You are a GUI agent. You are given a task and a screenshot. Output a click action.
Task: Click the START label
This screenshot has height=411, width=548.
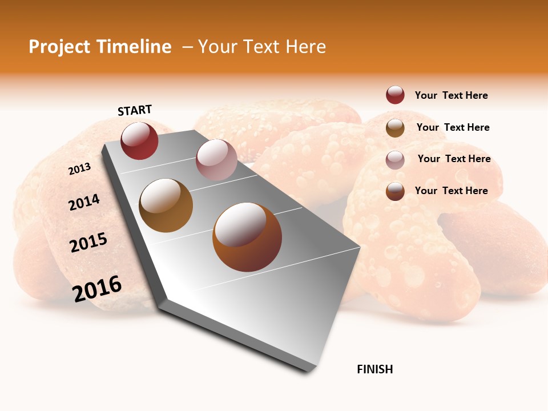(x=135, y=110)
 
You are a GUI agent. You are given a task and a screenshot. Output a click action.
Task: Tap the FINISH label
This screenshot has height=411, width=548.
(x=374, y=369)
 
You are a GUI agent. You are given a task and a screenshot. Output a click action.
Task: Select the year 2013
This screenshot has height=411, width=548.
(x=80, y=169)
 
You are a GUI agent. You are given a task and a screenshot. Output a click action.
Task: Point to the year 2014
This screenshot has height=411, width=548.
(x=84, y=202)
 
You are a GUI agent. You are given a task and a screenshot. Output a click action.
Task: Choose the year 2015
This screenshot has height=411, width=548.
(x=88, y=243)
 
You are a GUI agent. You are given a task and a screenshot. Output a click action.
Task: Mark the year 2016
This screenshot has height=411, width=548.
(x=97, y=289)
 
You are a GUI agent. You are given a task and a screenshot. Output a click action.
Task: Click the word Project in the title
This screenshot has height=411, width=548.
(x=59, y=47)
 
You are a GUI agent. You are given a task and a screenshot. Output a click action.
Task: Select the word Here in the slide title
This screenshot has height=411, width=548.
(x=305, y=47)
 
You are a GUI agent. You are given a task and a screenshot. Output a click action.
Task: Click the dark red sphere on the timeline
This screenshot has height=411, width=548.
(x=139, y=141)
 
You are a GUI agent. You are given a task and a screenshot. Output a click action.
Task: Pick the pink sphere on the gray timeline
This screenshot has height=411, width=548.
(x=216, y=160)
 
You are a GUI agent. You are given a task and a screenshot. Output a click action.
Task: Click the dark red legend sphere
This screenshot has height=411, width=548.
(x=395, y=95)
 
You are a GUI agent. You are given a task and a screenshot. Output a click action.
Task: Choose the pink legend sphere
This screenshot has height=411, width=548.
(x=395, y=160)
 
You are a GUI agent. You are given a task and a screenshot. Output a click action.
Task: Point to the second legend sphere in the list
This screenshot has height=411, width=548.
(x=395, y=128)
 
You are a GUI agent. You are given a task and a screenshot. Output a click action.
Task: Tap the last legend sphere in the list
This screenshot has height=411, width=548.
(x=395, y=191)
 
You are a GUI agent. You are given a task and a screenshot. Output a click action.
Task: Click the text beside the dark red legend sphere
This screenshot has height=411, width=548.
(x=451, y=95)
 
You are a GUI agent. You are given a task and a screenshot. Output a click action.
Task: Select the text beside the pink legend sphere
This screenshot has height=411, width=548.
(x=454, y=159)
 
